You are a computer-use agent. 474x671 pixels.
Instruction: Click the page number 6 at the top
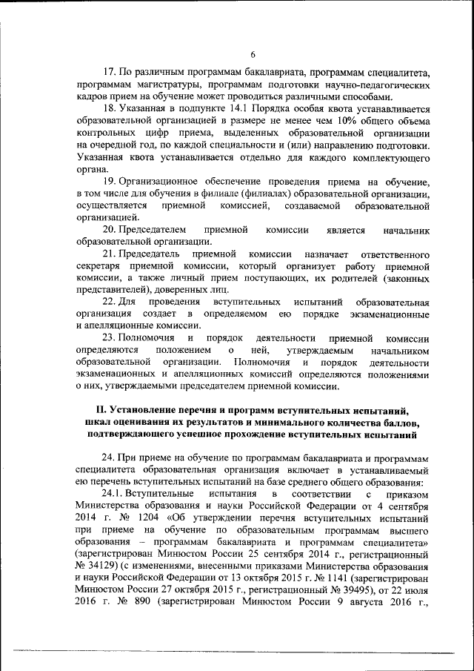pyautogui.click(x=252, y=54)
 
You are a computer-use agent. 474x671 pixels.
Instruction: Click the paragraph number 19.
pyautogui.click(x=108, y=182)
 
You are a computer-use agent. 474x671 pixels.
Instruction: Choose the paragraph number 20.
pyautogui.click(x=108, y=230)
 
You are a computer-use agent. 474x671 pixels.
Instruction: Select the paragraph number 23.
pyautogui.click(x=108, y=339)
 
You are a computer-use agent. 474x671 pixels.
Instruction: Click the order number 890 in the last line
pyautogui.click(x=137, y=615)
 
